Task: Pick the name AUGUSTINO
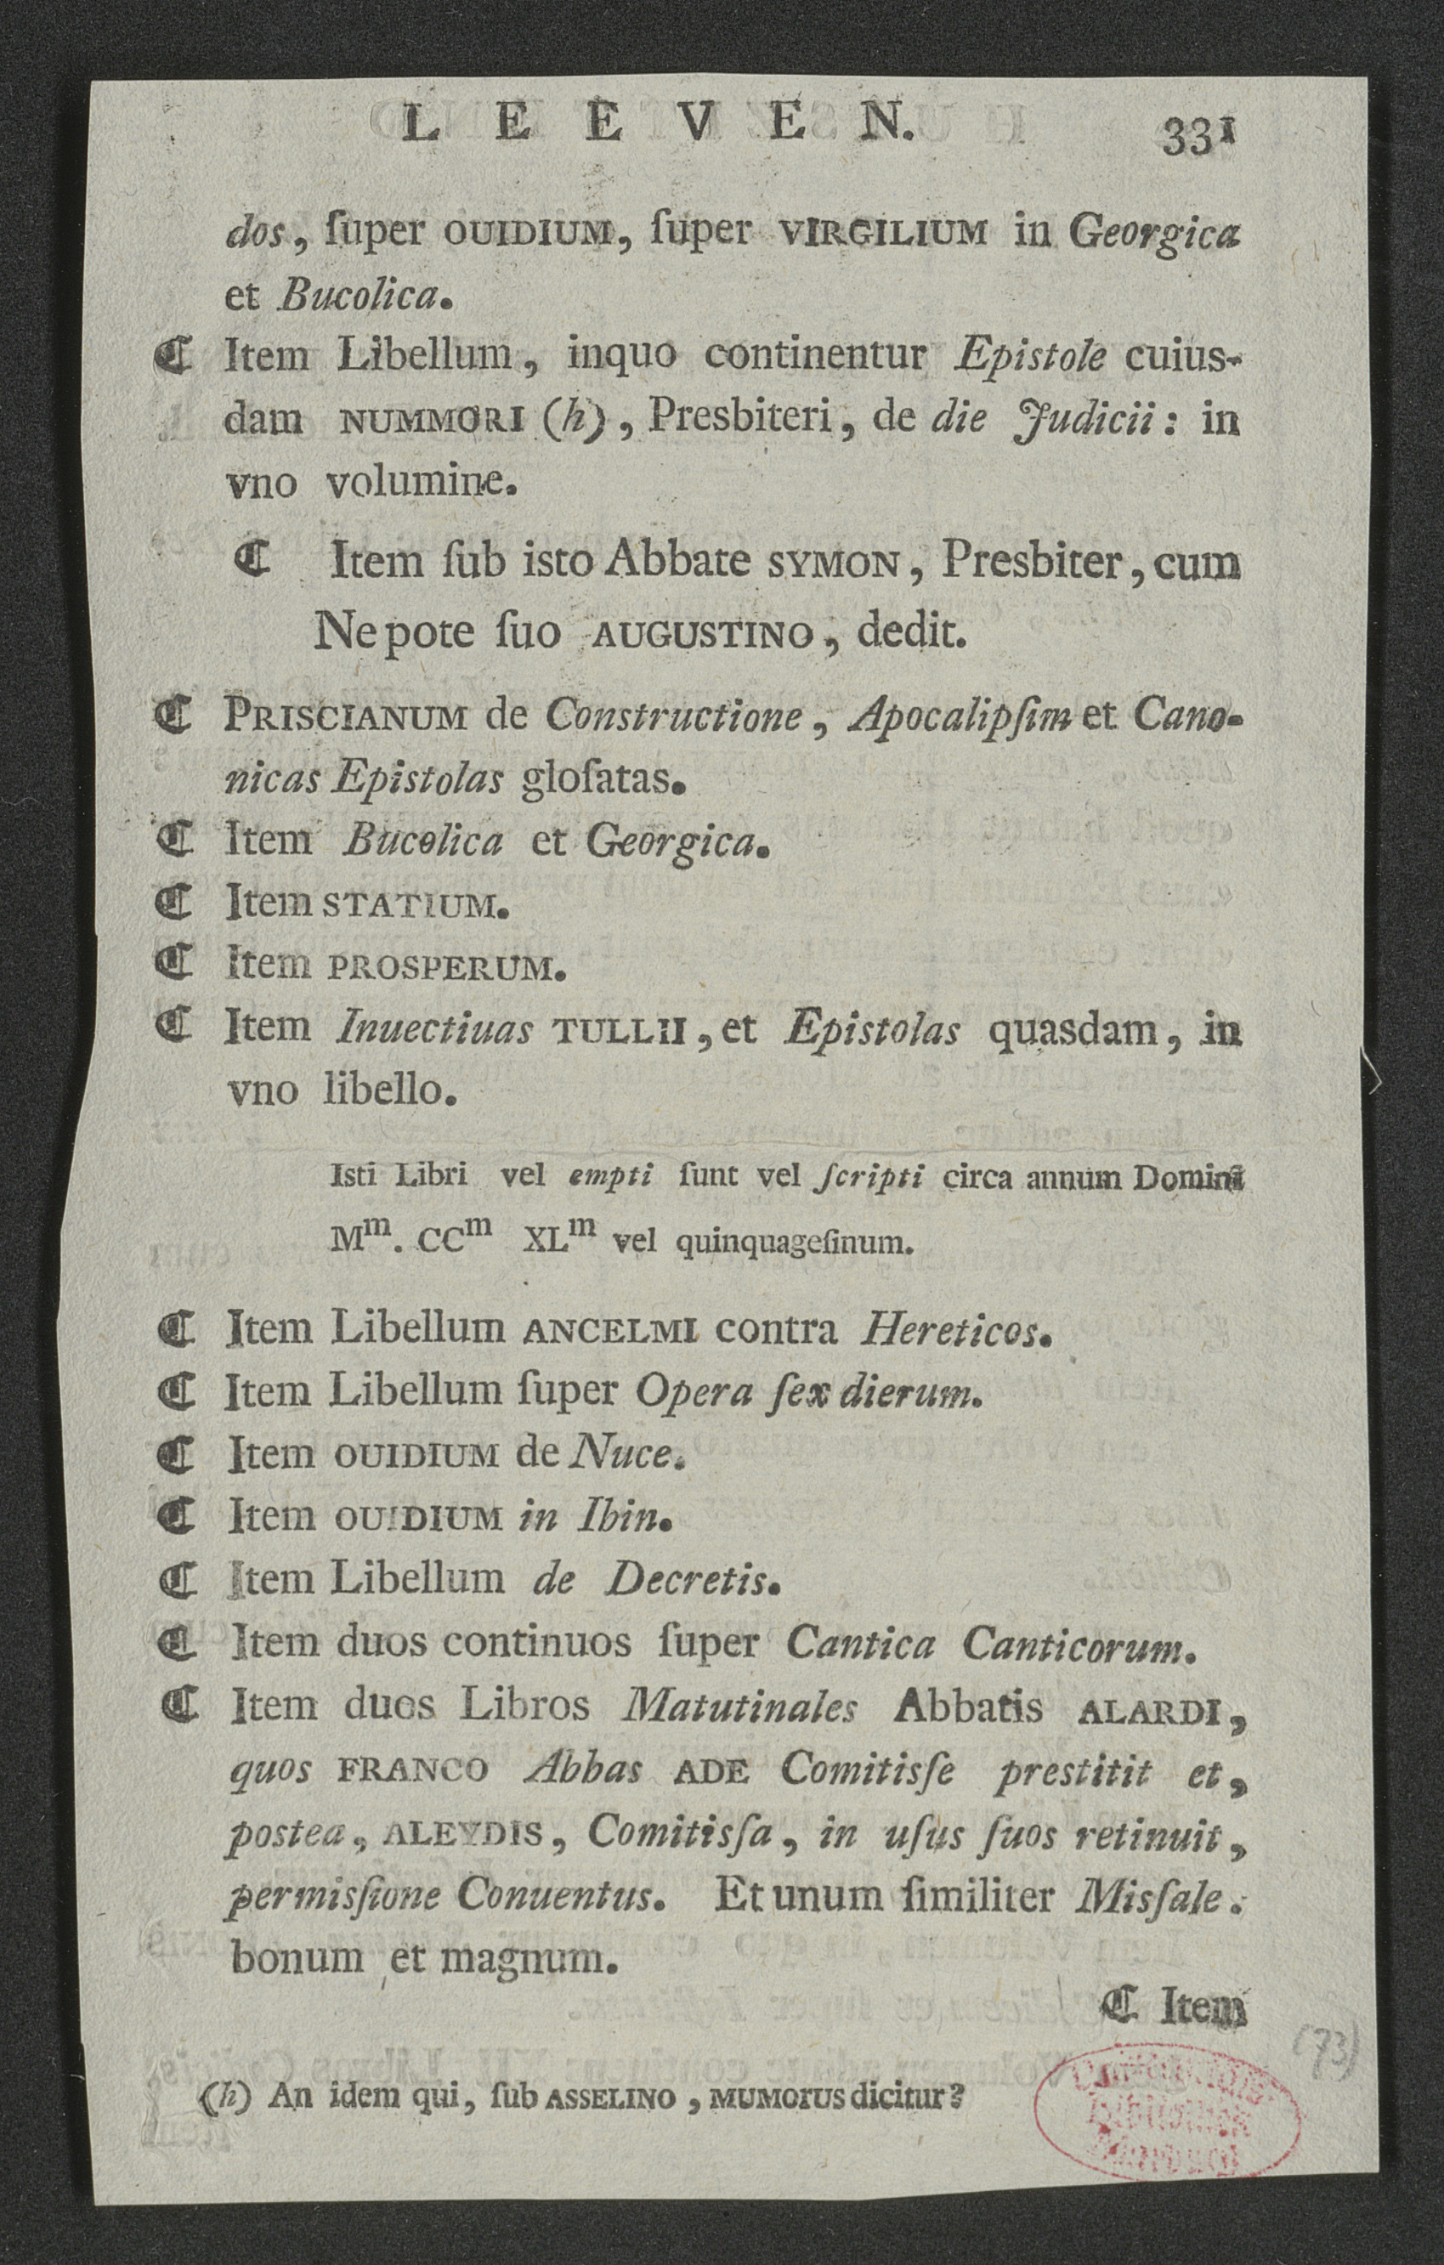699,637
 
